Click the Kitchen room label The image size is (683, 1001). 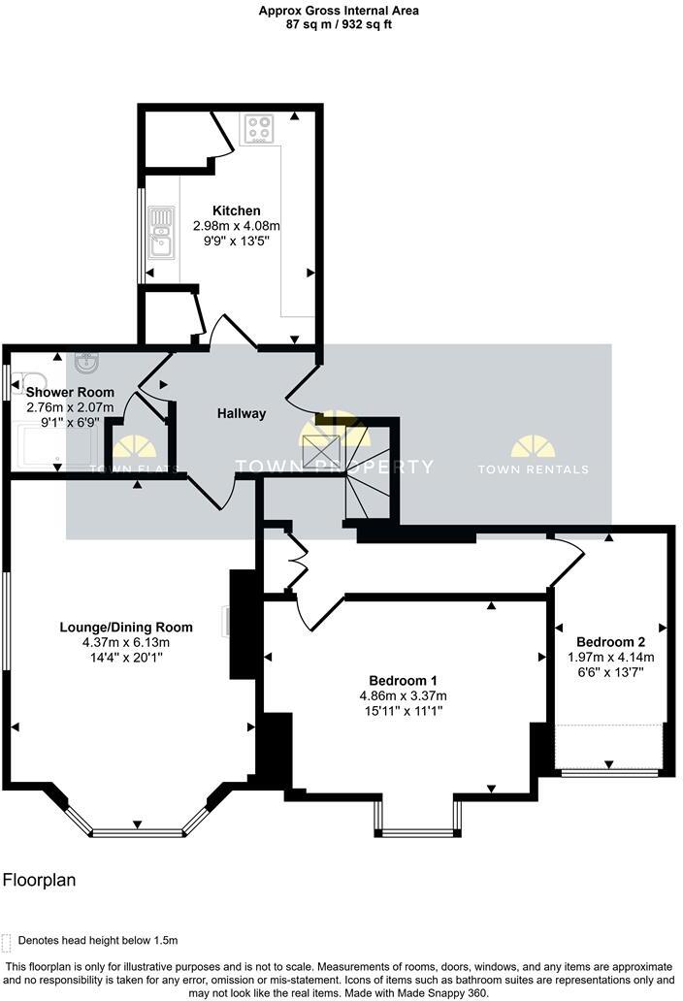[237, 210]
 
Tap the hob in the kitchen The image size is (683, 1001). [259, 129]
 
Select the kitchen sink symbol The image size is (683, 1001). [161, 233]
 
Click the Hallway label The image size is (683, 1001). [241, 413]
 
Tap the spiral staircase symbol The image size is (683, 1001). [366, 475]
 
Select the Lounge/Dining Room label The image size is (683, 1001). [126, 627]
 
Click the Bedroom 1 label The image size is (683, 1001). [403, 679]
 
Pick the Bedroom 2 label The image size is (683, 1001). [610, 641]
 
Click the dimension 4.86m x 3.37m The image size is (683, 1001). [403, 695]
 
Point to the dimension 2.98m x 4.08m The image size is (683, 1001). [237, 226]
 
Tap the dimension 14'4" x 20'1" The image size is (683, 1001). [126, 658]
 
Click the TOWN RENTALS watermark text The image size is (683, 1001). [533, 469]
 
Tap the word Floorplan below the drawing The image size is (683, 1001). [39, 881]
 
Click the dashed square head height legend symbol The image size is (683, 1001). [8, 941]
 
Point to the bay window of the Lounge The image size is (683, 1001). [137, 830]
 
